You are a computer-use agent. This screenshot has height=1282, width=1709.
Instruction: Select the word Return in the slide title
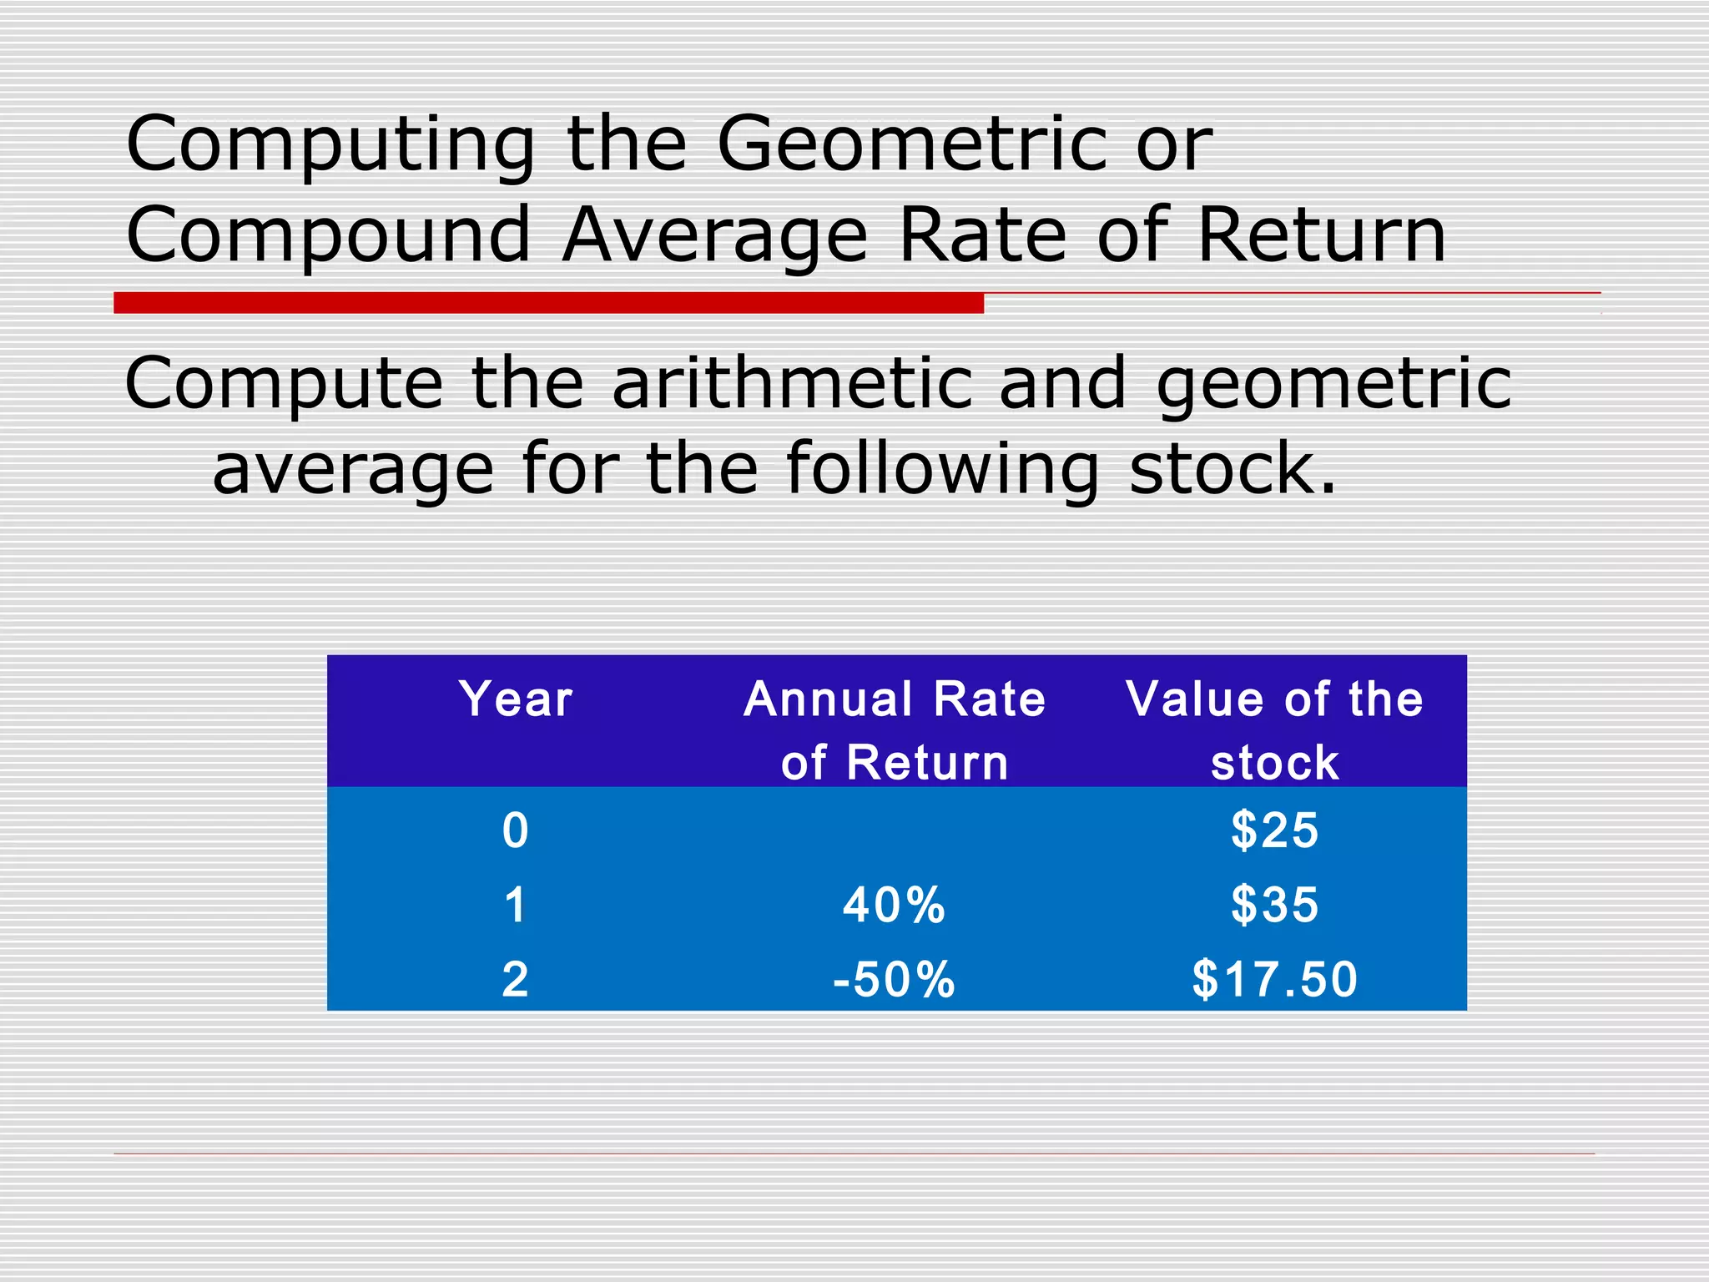click(1322, 235)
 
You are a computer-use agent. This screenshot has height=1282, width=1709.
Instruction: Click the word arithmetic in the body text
click(792, 384)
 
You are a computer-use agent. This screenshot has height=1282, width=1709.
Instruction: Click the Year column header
click(516, 699)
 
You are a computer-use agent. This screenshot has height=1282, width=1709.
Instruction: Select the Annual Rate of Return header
click(895, 730)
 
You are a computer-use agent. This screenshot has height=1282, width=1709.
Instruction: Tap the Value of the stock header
click(1274, 730)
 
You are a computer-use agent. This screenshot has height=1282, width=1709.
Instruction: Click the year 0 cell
click(516, 830)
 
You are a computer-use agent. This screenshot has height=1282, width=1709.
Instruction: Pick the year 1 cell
click(516, 905)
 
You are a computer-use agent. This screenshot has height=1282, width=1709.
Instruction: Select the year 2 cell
click(516, 979)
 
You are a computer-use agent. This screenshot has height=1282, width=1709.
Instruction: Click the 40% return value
click(894, 905)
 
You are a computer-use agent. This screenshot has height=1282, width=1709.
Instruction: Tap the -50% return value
click(894, 979)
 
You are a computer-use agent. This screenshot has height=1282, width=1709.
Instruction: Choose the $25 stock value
click(1274, 830)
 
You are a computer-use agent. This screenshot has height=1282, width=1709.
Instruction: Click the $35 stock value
click(1274, 905)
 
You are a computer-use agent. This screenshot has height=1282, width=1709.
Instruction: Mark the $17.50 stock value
click(1274, 979)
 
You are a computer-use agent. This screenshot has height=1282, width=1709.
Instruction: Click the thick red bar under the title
click(548, 303)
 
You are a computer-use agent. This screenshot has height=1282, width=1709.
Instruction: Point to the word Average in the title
click(715, 235)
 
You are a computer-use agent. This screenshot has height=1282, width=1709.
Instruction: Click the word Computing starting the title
click(330, 144)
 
